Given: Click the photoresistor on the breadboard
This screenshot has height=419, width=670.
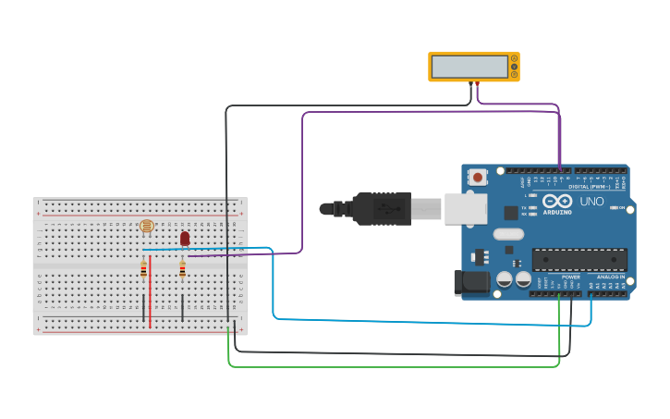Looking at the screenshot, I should [x=146, y=226].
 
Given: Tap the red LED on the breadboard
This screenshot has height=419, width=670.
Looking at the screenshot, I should [x=185, y=239].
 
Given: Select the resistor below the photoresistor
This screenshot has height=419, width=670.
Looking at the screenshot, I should [x=143, y=269].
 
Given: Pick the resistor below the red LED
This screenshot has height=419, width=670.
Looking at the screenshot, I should [x=182, y=269].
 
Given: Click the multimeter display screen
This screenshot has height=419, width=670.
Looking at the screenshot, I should [x=469, y=68].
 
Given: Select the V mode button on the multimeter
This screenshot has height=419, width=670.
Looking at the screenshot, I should [x=514, y=67].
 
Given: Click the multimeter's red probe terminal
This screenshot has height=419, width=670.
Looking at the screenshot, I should [x=477, y=83].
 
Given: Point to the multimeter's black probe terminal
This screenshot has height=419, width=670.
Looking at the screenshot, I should [x=470, y=83].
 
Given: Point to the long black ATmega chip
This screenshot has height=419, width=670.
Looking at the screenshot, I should [x=579, y=259].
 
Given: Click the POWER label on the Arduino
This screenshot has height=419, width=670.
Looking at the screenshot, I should [x=571, y=276].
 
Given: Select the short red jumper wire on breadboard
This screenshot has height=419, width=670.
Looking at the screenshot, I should [x=150, y=291].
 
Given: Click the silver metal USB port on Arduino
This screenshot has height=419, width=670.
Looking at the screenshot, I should [x=466, y=209].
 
